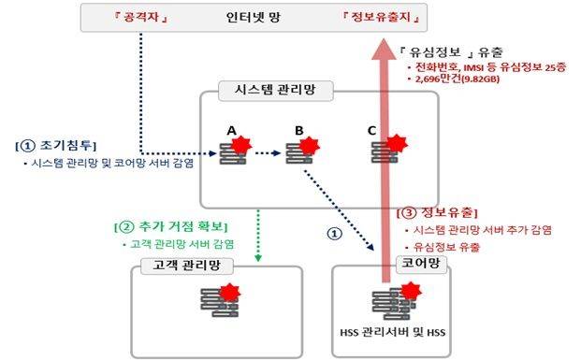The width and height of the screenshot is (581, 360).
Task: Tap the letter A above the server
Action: click(230, 129)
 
